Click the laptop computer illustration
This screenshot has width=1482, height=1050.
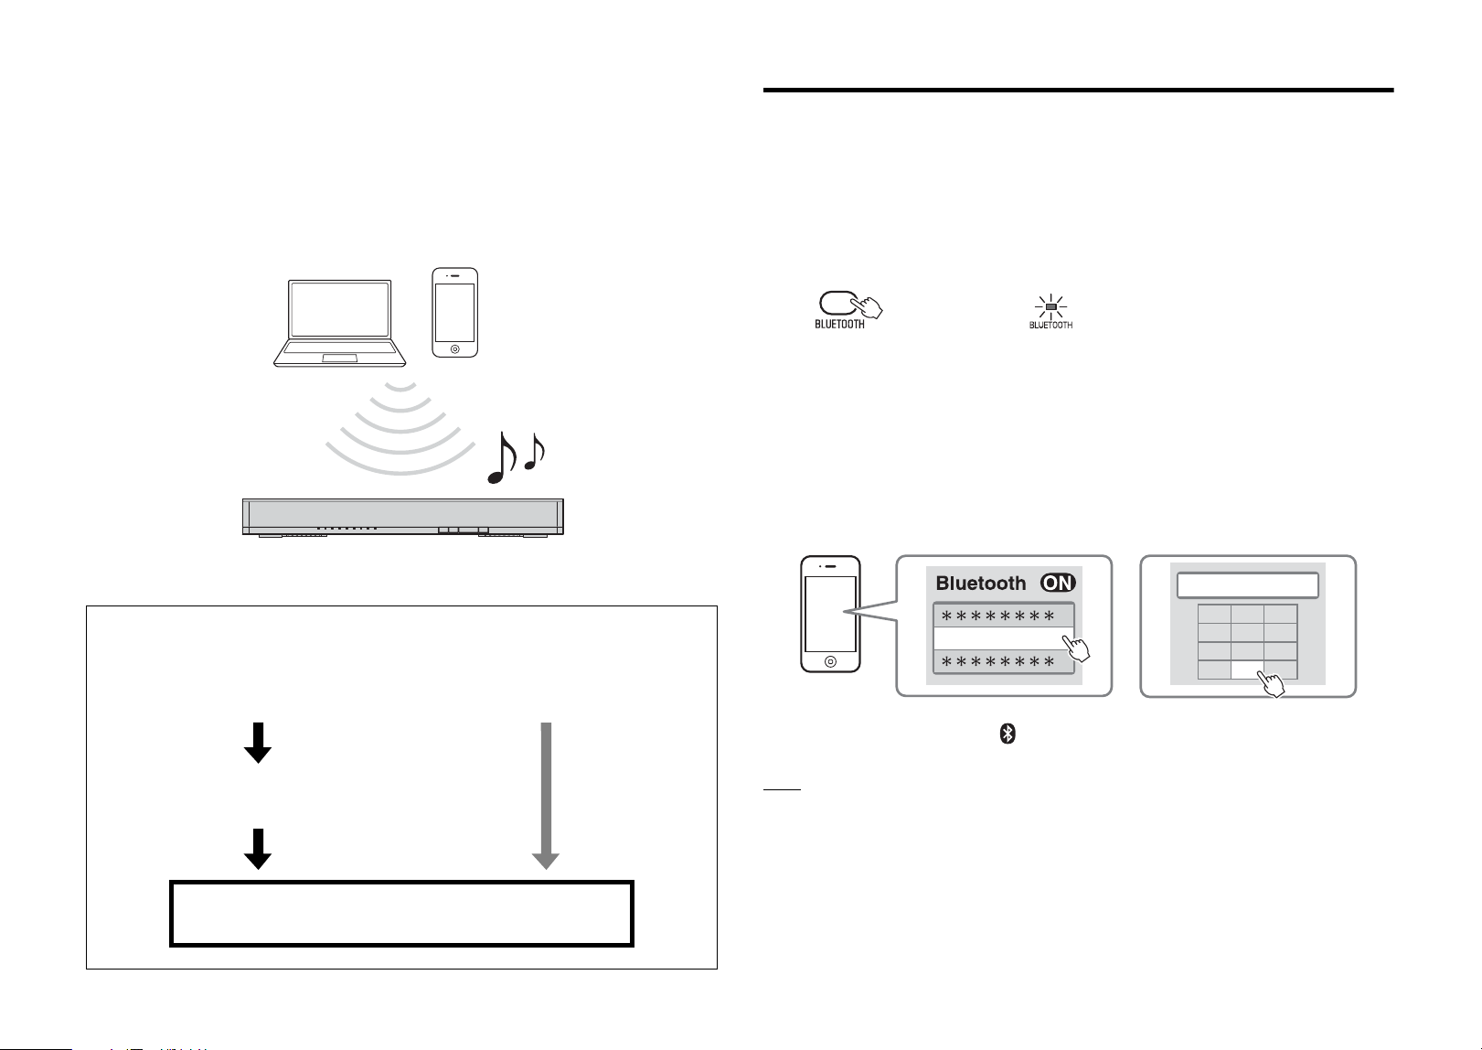[x=339, y=323]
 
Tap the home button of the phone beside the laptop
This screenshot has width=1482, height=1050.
[x=454, y=348]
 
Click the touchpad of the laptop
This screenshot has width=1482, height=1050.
[x=339, y=359]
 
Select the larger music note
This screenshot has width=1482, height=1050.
[x=502, y=457]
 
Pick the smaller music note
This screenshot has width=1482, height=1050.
[x=535, y=452]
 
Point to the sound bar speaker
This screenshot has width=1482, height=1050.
[x=403, y=517]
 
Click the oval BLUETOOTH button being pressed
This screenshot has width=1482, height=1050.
[x=838, y=304]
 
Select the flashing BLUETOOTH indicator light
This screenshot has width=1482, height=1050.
[x=1050, y=307]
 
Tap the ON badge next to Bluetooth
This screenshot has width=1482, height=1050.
[x=1058, y=583]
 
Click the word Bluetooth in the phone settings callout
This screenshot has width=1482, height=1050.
[x=980, y=584]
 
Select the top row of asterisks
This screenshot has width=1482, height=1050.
[x=997, y=616]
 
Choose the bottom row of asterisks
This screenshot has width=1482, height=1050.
[x=997, y=662]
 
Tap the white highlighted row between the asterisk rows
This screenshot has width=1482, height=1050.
[x=1003, y=638]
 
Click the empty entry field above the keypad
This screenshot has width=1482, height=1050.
[x=1247, y=585]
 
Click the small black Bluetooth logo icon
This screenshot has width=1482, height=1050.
[x=1007, y=734]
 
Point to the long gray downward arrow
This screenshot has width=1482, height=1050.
[x=546, y=796]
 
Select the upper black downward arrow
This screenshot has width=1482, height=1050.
[x=258, y=743]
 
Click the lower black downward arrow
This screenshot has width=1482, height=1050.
[x=258, y=849]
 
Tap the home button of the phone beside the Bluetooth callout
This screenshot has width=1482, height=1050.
[x=830, y=661]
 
